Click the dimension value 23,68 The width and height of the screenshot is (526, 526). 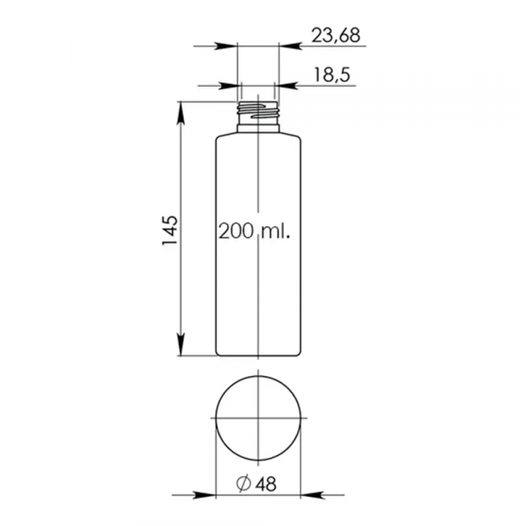[x=336, y=35]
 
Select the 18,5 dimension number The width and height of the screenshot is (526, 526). [x=331, y=75]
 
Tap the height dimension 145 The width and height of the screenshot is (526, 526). [x=170, y=230]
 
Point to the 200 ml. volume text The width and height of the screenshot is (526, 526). [x=254, y=231]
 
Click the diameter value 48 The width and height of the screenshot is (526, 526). [x=266, y=484]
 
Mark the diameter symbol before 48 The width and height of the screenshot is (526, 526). [x=244, y=483]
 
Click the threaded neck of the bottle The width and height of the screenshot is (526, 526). [x=258, y=112]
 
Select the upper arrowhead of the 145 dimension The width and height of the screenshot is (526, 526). [x=181, y=113]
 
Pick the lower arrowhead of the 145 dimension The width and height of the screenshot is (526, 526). [x=181, y=345]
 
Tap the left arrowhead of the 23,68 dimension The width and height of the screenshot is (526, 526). [x=226, y=46]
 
